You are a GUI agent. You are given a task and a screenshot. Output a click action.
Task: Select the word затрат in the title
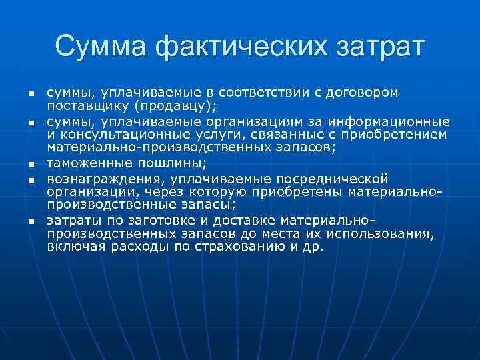click(x=373, y=47)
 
